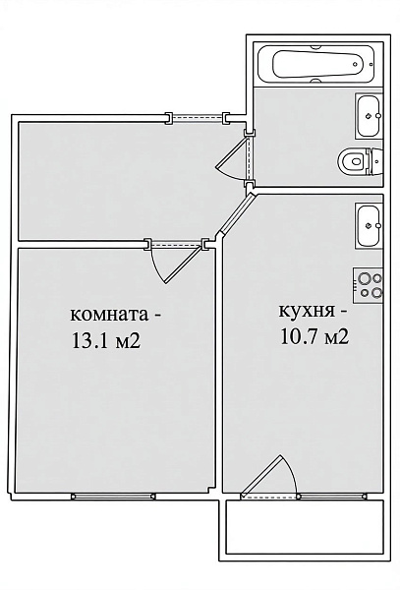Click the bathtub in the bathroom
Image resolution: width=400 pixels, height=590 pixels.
coord(317,65)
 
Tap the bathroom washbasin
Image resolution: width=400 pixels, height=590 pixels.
coord(368,116)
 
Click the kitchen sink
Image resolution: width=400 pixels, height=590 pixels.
coord(369,226)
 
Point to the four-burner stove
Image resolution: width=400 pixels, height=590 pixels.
coord(368,286)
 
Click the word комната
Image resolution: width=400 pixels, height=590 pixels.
coord(109,315)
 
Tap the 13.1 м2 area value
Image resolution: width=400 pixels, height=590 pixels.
coord(105,341)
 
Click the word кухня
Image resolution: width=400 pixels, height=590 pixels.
coord(307,311)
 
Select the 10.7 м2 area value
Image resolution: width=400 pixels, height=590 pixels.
coord(314,336)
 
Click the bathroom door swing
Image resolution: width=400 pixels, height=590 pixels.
coord(230,158)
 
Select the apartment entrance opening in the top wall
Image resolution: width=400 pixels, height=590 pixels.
coord(198,118)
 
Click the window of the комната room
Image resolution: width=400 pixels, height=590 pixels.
coord(113,497)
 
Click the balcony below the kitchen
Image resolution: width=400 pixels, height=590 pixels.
coord(305,528)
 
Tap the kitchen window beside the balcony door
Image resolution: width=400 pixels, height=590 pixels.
coord(333,497)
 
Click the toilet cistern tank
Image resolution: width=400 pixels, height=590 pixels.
coord(376,162)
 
